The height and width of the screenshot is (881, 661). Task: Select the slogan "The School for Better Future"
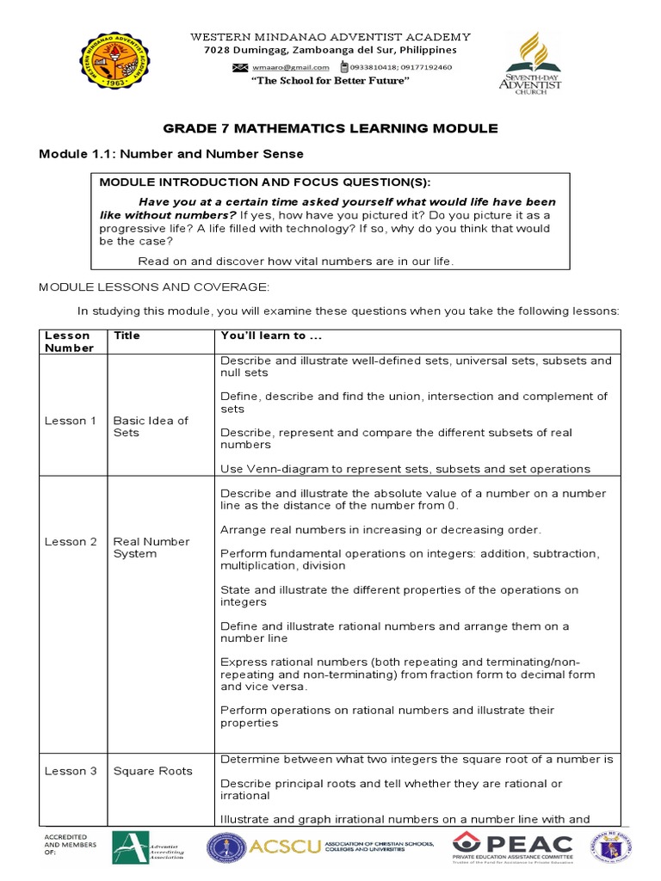coord(330,81)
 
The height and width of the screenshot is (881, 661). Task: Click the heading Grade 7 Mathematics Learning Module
coord(330,128)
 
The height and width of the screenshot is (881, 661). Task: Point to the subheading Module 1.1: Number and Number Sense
coord(171,154)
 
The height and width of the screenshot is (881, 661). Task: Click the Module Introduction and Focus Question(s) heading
coord(265,182)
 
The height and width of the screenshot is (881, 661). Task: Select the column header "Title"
coord(127,336)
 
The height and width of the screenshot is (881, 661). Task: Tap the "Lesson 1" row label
coord(71,421)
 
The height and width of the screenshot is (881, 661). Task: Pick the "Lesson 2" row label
coord(71,542)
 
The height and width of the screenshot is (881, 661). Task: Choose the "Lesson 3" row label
coord(71,771)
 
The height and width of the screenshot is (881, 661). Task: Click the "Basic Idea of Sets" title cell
coord(151,427)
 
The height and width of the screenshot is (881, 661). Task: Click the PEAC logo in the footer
coord(512,847)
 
